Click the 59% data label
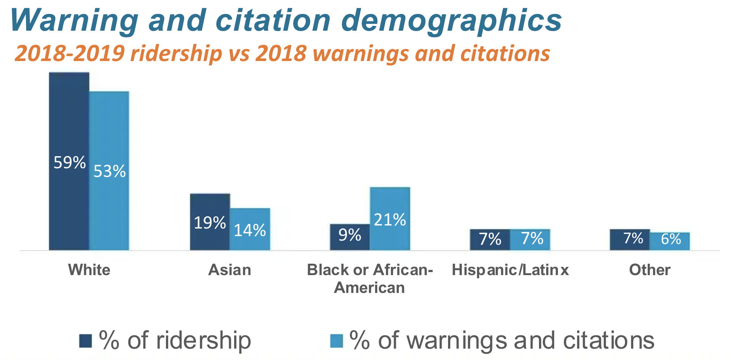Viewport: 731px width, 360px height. point(70,163)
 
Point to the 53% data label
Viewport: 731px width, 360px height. point(109,171)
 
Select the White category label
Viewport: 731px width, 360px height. point(89,270)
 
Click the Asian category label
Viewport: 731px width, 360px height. point(230,270)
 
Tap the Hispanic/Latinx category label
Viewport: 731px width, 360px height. point(510,270)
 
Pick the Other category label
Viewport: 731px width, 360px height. point(650,270)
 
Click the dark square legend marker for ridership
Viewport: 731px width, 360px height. point(86,341)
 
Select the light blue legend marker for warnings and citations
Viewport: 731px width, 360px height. point(336,341)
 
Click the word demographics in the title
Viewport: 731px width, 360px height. point(451,21)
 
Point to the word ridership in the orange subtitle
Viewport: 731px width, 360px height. point(176,53)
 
